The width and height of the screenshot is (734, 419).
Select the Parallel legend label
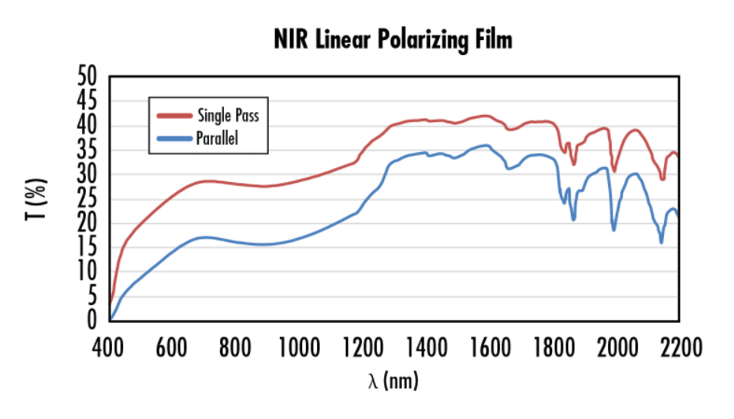tap(218, 139)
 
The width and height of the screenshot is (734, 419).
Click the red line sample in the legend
tap(173, 117)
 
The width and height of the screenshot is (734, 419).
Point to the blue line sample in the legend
tap(173, 139)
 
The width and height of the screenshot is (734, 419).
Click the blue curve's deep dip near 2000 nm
tap(614, 230)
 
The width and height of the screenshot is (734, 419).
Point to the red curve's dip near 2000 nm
tap(614, 171)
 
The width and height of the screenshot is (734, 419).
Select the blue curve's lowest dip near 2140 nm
tap(661, 243)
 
